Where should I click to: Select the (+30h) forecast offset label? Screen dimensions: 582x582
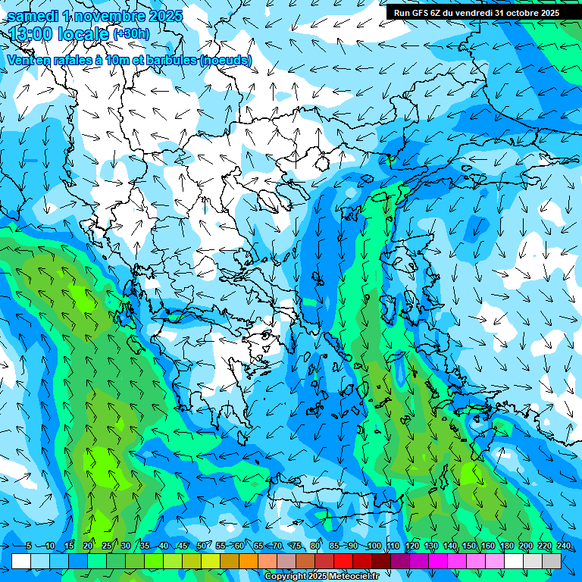pyautogui.click(x=131, y=33)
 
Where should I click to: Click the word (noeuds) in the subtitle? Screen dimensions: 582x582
pyautogui.click(x=226, y=60)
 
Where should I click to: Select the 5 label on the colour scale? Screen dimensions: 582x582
pyautogui.click(x=28, y=546)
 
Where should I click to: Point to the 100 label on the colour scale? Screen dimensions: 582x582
pyautogui.click(x=374, y=546)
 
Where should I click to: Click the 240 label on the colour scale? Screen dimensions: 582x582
pyautogui.click(x=563, y=546)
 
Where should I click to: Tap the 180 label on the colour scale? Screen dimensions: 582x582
pyautogui.click(x=506, y=546)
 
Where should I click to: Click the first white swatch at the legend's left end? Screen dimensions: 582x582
pyautogui.click(x=21, y=561)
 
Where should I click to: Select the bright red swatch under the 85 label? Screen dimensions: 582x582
pyautogui.click(x=343, y=561)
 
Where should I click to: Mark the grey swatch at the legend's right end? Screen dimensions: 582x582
pyautogui.click(x=552, y=561)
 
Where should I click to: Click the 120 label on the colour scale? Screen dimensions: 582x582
pyautogui.click(x=411, y=546)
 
